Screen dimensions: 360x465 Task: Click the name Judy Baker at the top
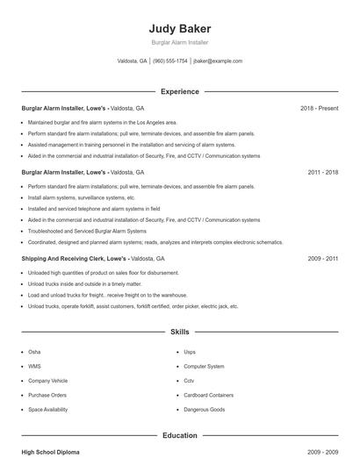pyautogui.click(x=179, y=28)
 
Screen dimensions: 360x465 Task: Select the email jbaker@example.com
pyautogui.click(x=218, y=61)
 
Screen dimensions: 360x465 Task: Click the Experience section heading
pyautogui.click(x=179, y=91)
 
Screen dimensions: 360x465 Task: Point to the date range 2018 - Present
pyautogui.click(x=319, y=108)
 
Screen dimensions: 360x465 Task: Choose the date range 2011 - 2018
pyautogui.click(x=322, y=173)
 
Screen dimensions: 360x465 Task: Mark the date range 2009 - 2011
pyautogui.click(x=322, y=260)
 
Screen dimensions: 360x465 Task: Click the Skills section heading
pyautogui.click(x=179, y=333)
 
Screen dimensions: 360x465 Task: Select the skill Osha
pyautogui.click(x=34, y=351)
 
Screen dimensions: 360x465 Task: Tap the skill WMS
pyautogui.click(x=34, y=366)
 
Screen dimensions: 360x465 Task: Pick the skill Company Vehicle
pyautogui.click(x=48, y=381)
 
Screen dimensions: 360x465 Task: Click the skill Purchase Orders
pyautogui.click(x=47, y=395)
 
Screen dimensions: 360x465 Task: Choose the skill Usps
pyautogui.click(x=190, y=351)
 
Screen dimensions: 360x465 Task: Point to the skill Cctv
pyautogui.click(x=189, y=381)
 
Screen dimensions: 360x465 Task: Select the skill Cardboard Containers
pyautogui.click(x=208, y=395)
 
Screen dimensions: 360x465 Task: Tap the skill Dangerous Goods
pyautogui.click(x=204, y=410)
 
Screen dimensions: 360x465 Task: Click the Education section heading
pyautogui.click(x=179, y=435)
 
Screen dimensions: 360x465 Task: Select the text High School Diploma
pyautogui.click(x=50, y=452)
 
